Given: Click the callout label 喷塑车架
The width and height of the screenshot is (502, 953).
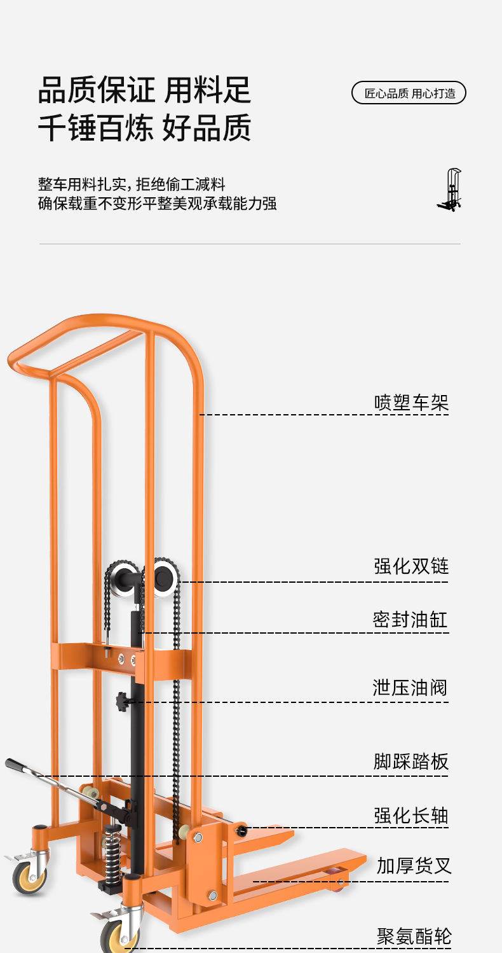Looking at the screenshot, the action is pyautogui.click(x=411, y=403).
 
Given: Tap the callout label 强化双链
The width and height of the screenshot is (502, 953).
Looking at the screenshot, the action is pyautogui.click(x=411, y=566).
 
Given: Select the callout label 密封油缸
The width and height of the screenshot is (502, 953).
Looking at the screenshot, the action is pyautogui.click(x=410, y=620).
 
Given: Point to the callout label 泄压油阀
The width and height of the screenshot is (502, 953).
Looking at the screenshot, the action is pyautogui.click(x=410, y=688).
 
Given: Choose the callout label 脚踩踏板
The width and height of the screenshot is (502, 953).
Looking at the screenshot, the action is pyautogui.click(x=411, y=762).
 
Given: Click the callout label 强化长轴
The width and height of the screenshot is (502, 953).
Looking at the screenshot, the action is pyautogui.click(x=411, y=816).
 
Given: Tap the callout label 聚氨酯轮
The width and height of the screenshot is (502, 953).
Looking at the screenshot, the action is pyautogui.click(x=414, y=936).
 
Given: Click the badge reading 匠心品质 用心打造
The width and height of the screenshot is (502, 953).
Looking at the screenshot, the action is pyautogui.click(x=409, y=93).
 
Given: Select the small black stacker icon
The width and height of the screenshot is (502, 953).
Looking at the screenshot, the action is pyautogui.click(x=450, y=190).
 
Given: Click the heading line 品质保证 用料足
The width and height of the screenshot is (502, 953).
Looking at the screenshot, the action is pyautogui.click(x=145, y=90).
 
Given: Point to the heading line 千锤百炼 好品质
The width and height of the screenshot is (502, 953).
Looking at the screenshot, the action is pyautogui.click(x=145, y=127).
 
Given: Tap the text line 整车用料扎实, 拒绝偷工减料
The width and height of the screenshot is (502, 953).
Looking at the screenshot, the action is pyautogui.click(x=132, y=185).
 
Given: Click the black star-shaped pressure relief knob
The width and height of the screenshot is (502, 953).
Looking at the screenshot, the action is pyautogui.click(x=122, y=702).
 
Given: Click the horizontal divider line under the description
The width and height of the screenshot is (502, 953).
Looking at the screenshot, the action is pyautogui.click(x=250, y=244).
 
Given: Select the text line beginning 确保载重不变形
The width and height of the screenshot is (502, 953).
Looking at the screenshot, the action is pyautogui.click(x=158, y=204).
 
